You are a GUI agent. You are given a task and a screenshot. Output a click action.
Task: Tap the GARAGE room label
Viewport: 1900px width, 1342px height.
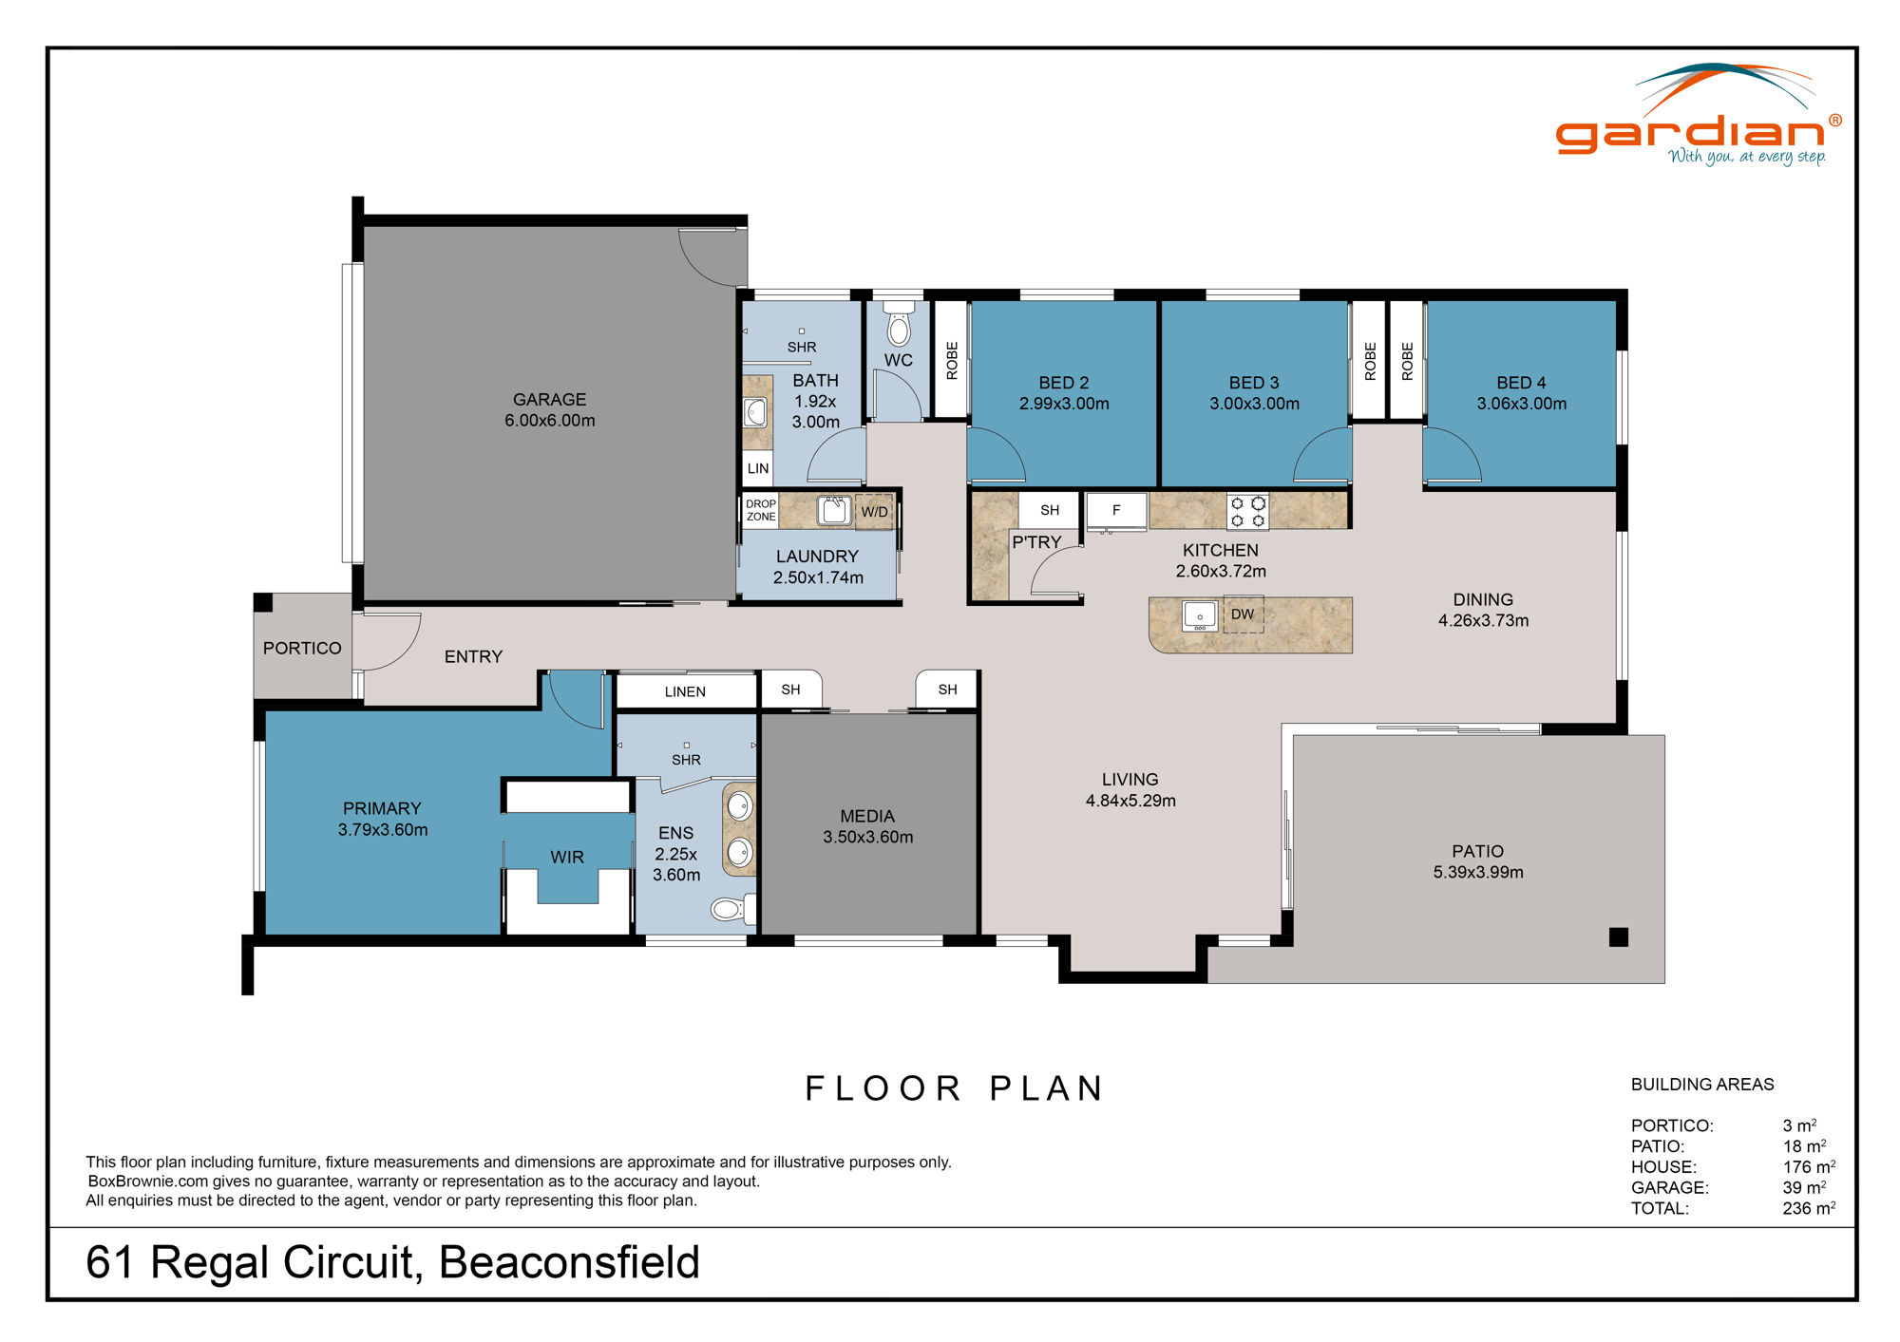click(549, 400)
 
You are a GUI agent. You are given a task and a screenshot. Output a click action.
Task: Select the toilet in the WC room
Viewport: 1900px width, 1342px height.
click(898, 325)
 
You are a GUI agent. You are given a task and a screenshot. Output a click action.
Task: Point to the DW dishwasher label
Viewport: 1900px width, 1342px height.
click(1243, 614)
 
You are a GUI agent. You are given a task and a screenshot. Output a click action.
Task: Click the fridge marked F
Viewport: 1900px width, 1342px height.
click(1116, 511)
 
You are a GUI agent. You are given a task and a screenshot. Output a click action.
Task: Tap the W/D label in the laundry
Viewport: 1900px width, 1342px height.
click(874, 512)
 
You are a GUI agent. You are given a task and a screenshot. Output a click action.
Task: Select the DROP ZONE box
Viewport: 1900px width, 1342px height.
click(760, 511)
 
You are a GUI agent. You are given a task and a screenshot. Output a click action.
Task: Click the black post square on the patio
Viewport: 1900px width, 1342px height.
click(1619, 937)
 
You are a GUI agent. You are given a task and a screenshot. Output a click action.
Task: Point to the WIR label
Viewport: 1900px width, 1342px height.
click(567, 858)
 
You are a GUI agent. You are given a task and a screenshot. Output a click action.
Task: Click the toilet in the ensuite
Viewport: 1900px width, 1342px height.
click(730, 910)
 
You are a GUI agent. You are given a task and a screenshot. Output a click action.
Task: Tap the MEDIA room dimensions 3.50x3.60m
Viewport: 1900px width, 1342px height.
click(867, 838)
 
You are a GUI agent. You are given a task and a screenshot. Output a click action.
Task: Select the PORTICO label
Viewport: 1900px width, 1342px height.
click(302, 649)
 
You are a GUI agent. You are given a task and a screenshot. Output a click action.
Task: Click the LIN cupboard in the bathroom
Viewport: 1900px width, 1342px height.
click(758, 468)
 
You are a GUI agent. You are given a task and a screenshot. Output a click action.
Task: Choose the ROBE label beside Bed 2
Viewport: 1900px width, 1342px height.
click(952, 361)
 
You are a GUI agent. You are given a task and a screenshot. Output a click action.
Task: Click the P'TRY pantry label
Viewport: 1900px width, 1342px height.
click(1035, 542)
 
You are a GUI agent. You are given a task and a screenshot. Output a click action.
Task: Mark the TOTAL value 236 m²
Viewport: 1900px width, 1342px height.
click(1808, 1209)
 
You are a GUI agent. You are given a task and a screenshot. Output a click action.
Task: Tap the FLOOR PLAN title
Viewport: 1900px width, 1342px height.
click(954, 1088)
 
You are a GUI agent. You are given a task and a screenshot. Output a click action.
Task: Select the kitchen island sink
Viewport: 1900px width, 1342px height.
click(1200, 615)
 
